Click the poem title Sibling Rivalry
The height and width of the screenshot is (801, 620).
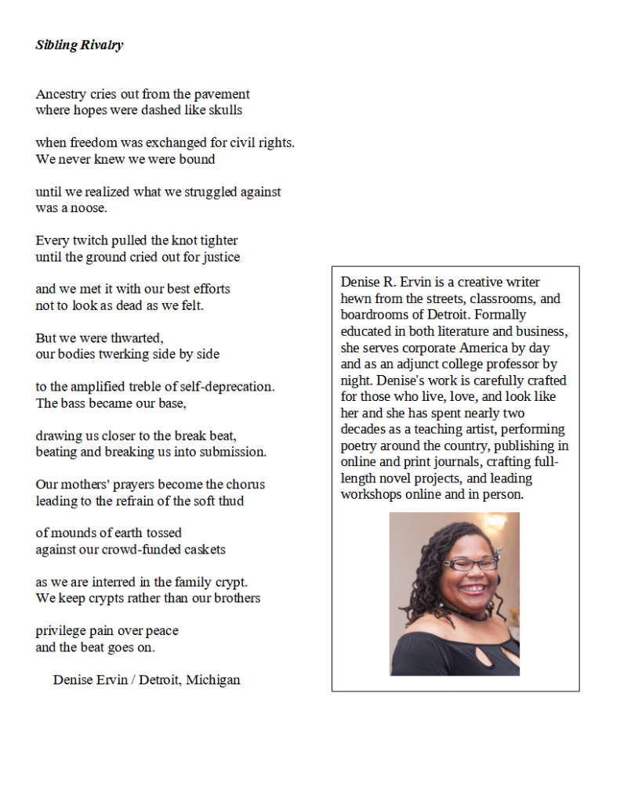click(x=79, y=45)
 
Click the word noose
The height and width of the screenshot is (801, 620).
click(x=87, y=208)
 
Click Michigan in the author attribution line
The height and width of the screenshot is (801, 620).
click(x=212, y=680)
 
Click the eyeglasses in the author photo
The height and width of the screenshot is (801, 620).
click(x=470, y=563)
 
